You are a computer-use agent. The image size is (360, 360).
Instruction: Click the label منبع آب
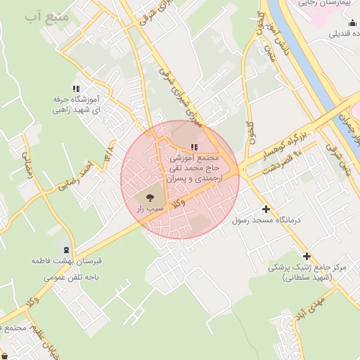pyautogui.click(x=46, y=16)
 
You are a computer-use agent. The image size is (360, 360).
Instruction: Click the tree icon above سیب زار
pyautogui.click(x=149, y=198)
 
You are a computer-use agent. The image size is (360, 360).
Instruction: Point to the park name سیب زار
pyautogui.click(x=150, y=209)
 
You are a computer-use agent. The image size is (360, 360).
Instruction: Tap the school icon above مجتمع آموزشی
pyautogui.click(x=194, y=148)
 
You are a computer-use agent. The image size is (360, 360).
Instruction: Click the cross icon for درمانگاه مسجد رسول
pyautogui.click(x=266, y=209)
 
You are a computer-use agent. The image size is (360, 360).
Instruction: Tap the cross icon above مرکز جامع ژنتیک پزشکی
pyautogui.click(x=306, y=256)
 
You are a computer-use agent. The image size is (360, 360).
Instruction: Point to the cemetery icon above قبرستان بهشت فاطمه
pyautogui.click(x=66, y=250)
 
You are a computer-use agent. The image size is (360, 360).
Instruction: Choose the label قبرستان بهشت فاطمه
pyautogui.click(x=66, y=262)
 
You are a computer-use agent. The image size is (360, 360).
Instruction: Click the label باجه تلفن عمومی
pyautogui.click(x=69, y=277)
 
